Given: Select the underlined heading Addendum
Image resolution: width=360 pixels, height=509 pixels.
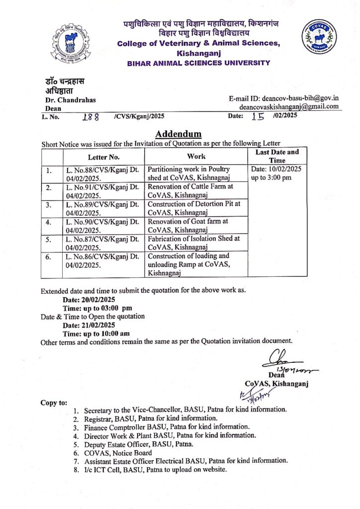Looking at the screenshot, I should tap(179, 134).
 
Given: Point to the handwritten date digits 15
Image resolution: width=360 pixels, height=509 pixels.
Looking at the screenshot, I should tap(258, 117).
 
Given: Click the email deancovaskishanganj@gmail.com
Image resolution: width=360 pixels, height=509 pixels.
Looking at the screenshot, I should tap(289, 106).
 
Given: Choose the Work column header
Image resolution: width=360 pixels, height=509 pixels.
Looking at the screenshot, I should tap(197, 156).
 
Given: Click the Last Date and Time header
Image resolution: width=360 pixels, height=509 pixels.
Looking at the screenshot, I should tap(277, 156).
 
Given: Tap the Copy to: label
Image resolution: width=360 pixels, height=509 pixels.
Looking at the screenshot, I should tap(53, 402).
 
